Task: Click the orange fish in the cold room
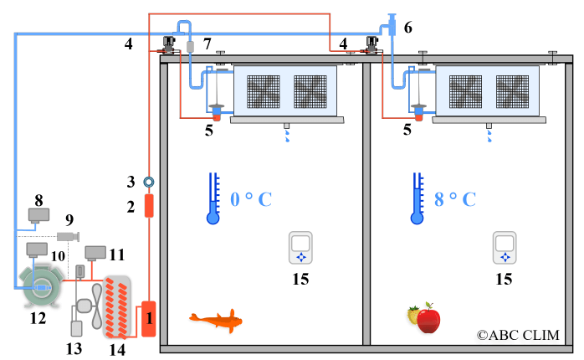click(217, 320)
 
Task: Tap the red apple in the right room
click(428, 318)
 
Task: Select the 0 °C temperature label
click(251, 200)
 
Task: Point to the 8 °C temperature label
click(455, 200)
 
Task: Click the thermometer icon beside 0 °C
click(213, 198)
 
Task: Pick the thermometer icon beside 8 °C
click(417, 198)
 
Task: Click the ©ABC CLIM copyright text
click(518, 335)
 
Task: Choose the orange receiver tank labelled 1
click(148, 318)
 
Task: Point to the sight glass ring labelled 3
click(149, 181)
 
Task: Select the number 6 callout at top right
click(407, 28)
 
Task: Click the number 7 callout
click(207, 42)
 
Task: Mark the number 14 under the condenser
click(117, 348)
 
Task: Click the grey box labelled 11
click(95, 251)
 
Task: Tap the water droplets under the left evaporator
click(287, 135)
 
